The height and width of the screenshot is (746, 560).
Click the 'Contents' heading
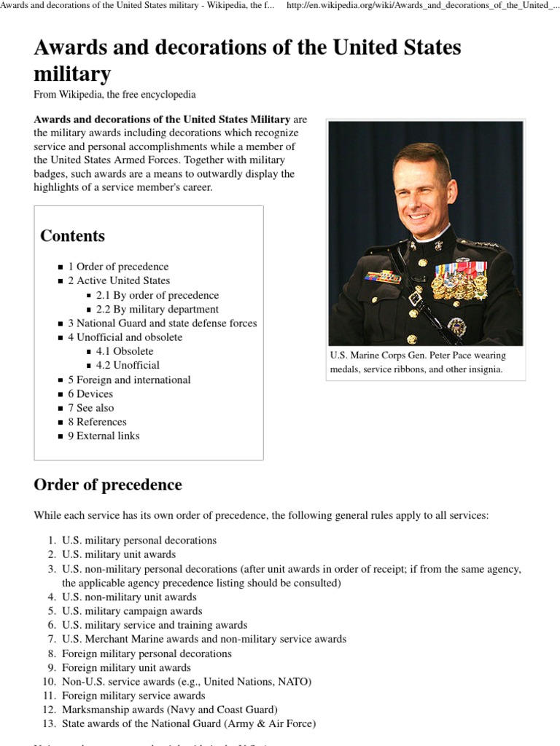(x=72, y=236)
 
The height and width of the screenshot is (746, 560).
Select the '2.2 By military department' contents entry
(x=157, y=309)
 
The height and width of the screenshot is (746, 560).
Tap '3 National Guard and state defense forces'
(x=162, y=323)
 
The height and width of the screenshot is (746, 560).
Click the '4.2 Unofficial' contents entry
(x=127, y=365)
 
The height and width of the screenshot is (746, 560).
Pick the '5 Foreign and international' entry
(x=129, y=380)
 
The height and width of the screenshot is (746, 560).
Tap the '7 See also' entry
(x=91, y=408)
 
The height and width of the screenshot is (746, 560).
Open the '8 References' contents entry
(x=97, y=422)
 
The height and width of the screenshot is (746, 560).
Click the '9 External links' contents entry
(x=104, y=436)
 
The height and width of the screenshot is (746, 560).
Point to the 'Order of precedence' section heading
(x=108, y=485)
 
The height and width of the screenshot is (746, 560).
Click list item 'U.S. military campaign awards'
(x=132, y=611)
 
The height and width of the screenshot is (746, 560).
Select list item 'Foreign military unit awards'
(x=126, y=667)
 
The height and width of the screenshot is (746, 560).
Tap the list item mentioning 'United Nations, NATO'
(x=186, y=681)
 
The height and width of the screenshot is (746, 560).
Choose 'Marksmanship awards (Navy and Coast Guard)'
(x=169, y=710)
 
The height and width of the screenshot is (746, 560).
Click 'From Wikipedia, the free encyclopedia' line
(x=114, y=95)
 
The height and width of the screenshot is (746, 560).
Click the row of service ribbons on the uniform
(x=383, y=277)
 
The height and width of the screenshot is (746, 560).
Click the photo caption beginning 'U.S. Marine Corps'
(x=418, y=362)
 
